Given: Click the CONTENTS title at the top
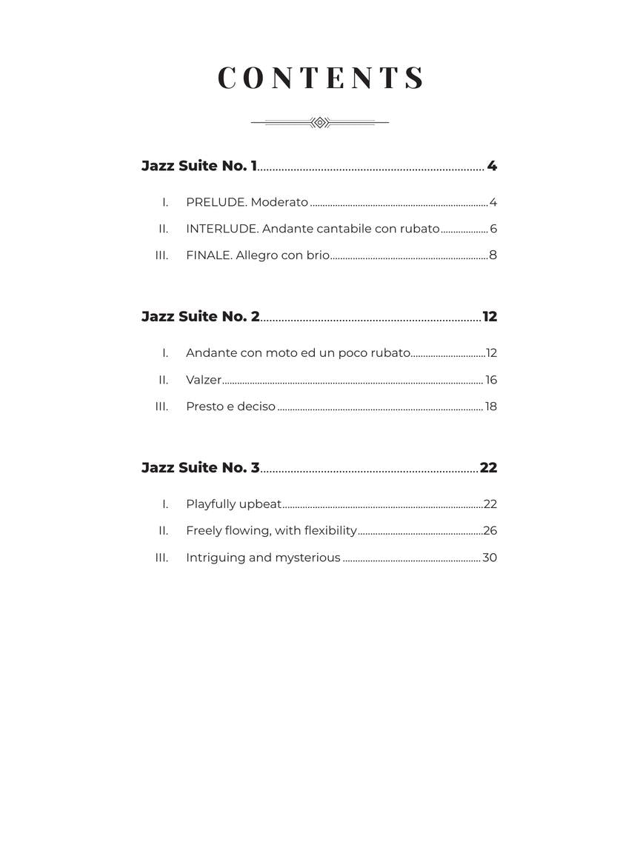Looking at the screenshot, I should (321, 78).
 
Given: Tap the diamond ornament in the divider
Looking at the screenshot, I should (320, 122).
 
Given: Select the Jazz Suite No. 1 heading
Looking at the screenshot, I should (199, 166).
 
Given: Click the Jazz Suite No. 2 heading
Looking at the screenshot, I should (201, 317).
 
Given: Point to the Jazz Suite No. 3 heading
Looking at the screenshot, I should (201, 468).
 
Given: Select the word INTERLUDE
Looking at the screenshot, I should (221, 229).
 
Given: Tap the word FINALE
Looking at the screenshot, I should (208, 255).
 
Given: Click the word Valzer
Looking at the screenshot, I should (204, 380).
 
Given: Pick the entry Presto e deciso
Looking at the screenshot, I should (230, 407).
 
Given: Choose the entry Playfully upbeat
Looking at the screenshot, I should (233, 504).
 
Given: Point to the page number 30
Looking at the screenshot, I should (490, 558).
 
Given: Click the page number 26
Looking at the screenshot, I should (490, 531).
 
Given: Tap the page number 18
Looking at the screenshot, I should (491, 407).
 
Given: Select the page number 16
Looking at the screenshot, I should (491, 380).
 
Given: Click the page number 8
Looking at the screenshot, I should (493, 255).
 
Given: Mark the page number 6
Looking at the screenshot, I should (493, 229).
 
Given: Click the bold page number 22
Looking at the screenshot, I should (488, 468).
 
